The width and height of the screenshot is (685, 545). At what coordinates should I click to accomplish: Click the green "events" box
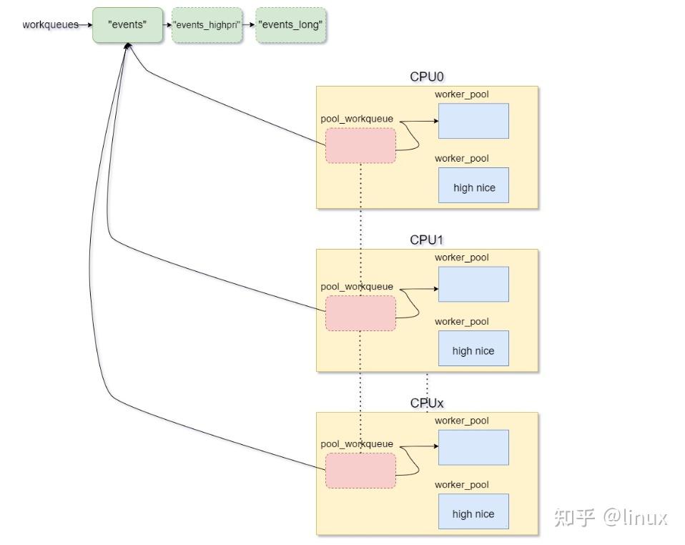coord(127,25)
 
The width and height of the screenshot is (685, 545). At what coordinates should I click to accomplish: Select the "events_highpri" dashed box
coord(207,25)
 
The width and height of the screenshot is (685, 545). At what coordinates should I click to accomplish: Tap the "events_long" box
coord(290,25)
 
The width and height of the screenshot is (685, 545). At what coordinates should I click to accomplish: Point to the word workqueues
coord(50,24)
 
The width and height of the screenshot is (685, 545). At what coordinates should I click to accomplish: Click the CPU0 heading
coord(426,77)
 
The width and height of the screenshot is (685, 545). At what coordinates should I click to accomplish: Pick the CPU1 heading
coord(426,240)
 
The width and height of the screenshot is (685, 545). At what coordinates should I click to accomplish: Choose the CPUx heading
coord(426,403)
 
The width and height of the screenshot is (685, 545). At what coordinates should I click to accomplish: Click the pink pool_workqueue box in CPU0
coord(361,145)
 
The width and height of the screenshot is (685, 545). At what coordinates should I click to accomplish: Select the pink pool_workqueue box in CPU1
coord(361,313)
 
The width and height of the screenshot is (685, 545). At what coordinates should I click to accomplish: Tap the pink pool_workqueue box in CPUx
coord(361,471)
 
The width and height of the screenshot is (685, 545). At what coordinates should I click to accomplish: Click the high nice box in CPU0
coord(473,185)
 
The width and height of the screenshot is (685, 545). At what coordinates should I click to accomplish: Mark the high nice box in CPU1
coord(473,348)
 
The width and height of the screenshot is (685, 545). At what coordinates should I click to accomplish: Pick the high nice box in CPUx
coord(473,511)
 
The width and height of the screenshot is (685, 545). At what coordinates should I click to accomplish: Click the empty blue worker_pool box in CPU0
coord(473,121)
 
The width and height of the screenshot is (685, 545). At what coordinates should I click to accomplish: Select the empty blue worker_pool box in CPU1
coord(473,284)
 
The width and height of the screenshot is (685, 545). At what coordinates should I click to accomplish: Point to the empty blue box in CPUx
coord(473,447)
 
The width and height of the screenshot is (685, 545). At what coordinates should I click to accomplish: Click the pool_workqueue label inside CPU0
coord(357,119)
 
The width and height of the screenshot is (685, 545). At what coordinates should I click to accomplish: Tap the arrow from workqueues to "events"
coord(86,25)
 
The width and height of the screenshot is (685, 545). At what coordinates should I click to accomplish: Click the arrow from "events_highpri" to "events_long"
coord(249,25)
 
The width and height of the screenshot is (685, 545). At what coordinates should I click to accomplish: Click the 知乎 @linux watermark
coord(611,518)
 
